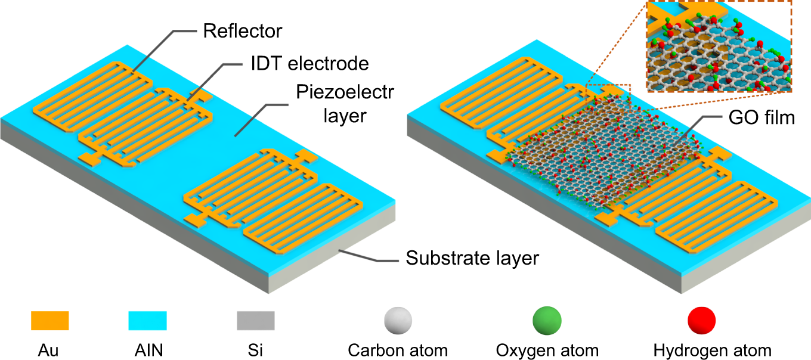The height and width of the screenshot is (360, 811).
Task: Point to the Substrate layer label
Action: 472,258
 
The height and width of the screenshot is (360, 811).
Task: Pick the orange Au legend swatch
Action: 49,320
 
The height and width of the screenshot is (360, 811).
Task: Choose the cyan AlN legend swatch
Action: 147,320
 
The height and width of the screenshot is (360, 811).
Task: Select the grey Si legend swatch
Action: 256,320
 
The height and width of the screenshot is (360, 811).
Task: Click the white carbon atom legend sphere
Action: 397,320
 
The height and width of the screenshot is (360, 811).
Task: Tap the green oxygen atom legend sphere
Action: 547,320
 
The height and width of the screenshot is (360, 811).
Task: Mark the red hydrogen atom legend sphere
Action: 702,320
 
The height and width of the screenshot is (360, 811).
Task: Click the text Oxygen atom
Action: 547,350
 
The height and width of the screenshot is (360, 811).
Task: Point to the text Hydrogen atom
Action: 713,350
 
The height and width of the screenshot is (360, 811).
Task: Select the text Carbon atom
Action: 398,350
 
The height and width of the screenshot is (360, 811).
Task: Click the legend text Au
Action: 50,350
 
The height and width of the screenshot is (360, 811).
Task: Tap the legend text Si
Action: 255,350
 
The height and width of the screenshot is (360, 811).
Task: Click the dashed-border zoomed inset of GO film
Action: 719,46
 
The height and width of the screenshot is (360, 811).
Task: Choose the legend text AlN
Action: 147,350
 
